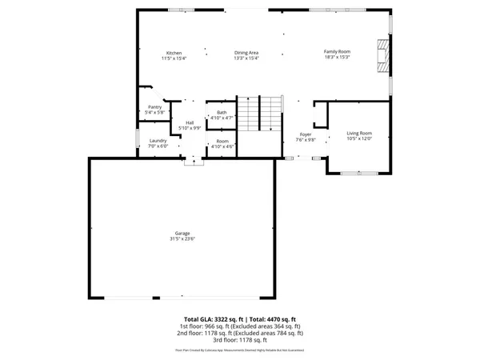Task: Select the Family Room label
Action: tap(337, 51)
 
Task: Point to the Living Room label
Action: tap(358, 133)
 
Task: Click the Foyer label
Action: tap(306, 134)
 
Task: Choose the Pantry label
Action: tap(155, 106)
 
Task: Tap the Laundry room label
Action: tap(158, 141)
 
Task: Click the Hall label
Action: tap(190, 122)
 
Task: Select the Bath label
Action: tap(222, 112)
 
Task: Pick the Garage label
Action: tap(182, 233)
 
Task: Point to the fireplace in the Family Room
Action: tap(382, 57)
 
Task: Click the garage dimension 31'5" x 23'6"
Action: tap(182, 238)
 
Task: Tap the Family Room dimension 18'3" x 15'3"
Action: tap(337, 57)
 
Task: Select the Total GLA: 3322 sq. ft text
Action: tap(214, 319)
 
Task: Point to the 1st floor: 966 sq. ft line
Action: tap(240, 326)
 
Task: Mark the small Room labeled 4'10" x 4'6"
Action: tap(222, 143)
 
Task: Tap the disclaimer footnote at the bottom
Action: tap(240, 350)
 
